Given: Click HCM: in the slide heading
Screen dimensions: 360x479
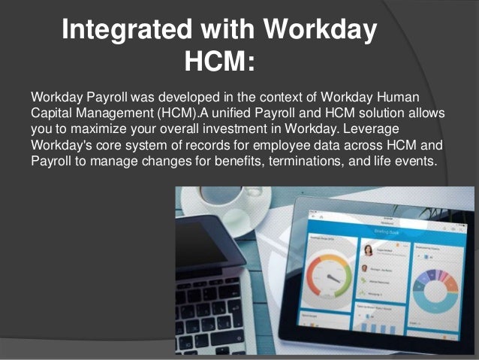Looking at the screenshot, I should (x=220, y=61).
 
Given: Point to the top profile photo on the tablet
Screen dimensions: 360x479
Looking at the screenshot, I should (x=368, y=251).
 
